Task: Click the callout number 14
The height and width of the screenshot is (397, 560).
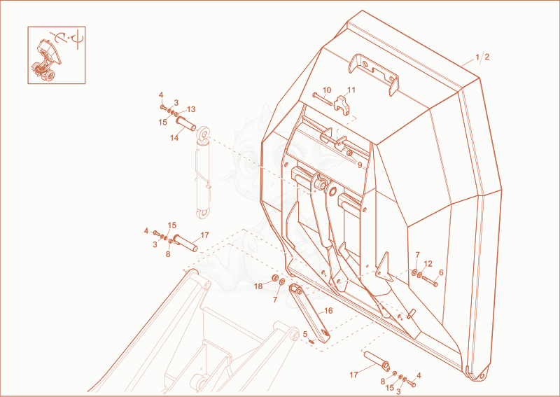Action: (x=174, y=137)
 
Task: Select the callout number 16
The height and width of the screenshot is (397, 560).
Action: (x=328, y=310)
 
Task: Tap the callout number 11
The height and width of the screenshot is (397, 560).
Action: (x=351, y=90)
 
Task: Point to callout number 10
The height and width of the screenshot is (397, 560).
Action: (x=327, y=90)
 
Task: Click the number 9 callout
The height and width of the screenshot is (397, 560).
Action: (x=360, y=165)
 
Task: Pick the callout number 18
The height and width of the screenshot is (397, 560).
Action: (x=258, y=286)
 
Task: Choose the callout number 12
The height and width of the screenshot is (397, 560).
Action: (x=428, y=264)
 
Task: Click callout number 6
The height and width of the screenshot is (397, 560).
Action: (x=441, y=272)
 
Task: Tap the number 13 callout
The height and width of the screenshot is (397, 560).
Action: (x=191, y=109)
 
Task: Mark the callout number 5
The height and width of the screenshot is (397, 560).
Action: (x=305, y=334)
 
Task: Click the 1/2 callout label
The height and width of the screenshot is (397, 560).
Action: (x=482, y=57)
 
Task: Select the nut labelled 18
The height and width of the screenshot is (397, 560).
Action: (x=276, y=278)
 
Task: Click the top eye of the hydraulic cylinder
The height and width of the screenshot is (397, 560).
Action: (x=204, y=134)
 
